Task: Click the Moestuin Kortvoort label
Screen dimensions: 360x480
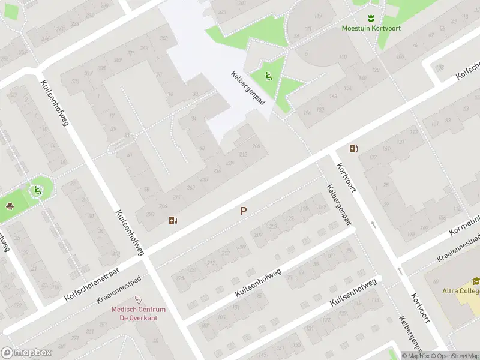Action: (371, 28)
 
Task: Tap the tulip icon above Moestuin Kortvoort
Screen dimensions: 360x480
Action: (371, 17)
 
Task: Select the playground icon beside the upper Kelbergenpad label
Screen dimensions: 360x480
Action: (268, 76)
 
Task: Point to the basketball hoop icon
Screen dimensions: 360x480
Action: (10, 206)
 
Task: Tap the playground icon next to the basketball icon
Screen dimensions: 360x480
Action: (37, 191)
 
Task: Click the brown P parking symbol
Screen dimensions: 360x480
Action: (243, 211)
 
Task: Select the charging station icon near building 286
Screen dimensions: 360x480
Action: (173, 220)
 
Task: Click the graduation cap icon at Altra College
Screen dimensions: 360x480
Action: (476, 281)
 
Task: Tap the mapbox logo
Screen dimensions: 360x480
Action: (25, 353)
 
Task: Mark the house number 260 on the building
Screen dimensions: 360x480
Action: (191, 187)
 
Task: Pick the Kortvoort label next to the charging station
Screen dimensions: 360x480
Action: (346, 178)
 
